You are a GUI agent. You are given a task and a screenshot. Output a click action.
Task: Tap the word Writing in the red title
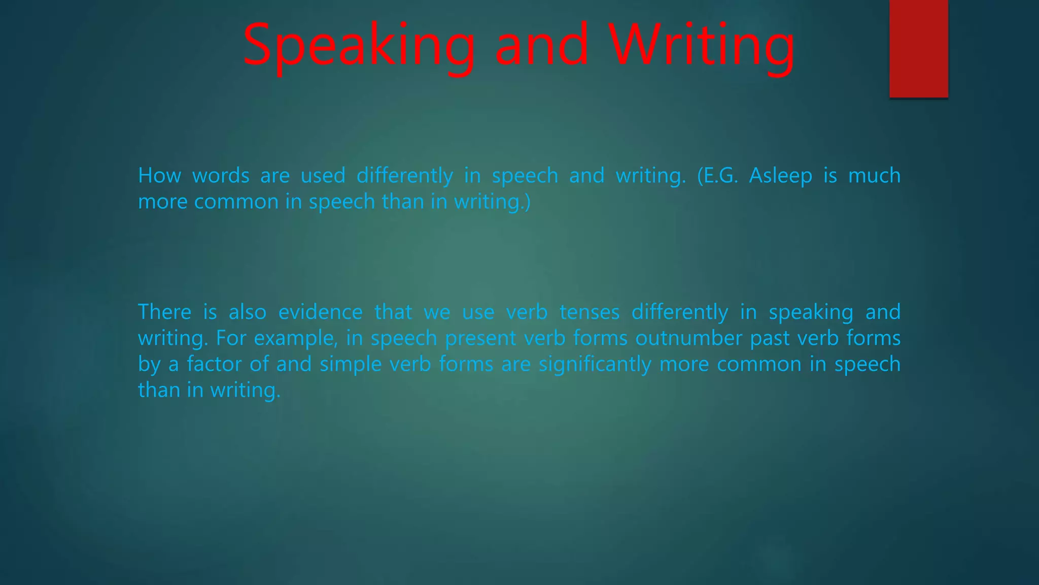702,46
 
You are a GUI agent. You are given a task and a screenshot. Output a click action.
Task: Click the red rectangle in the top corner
918,48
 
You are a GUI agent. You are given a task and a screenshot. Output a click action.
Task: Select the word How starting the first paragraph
159,176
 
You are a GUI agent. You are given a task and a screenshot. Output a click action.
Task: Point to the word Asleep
780,176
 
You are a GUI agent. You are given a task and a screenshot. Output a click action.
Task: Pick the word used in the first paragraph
323,176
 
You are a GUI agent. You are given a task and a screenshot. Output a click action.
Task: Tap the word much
874,176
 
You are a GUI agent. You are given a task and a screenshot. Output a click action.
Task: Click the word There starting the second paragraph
164,312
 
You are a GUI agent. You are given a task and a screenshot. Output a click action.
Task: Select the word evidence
320,312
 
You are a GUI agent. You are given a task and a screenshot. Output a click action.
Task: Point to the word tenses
590,312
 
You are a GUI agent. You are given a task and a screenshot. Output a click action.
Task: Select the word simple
351,364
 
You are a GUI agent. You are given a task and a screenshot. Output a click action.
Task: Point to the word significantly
595,364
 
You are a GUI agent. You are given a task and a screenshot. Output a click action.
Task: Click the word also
247,312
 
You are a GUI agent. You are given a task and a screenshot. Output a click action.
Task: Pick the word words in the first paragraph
221,176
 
